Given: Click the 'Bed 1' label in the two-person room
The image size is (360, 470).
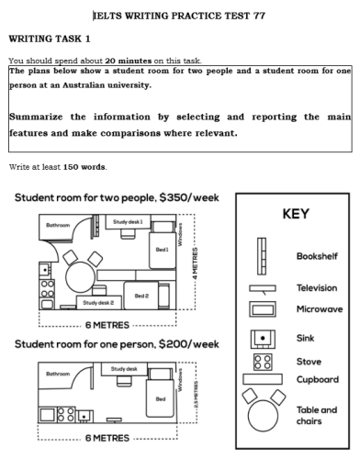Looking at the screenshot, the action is [162, 249].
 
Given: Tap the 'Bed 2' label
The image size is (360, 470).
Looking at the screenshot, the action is [141, 296].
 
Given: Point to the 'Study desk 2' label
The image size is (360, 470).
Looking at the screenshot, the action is [98, 302].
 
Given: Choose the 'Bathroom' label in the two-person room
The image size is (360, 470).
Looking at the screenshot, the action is [58, 223].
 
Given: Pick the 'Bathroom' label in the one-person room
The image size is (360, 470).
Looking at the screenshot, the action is [58, 374].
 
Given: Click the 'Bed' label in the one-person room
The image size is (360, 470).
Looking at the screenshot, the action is [161, 398].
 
